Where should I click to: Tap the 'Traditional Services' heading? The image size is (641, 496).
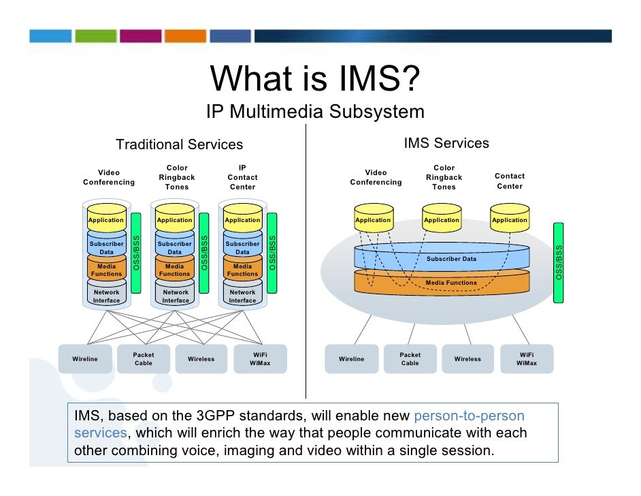tap(179, 144)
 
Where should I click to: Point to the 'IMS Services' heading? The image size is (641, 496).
tap(446, 143)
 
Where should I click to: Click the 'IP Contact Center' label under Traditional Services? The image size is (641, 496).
tap(242, 177)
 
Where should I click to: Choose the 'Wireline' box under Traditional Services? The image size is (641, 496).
tap(85, 359)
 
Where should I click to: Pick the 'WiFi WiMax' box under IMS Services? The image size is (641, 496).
tap(526, 359)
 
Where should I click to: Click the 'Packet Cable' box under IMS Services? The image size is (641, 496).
tap(410, 359)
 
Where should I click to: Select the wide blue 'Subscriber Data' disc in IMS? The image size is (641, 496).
tap(442, 258)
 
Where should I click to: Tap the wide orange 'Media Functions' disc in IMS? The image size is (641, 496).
tap(442, 282)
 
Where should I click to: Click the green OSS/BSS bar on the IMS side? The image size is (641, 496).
tap(559, 262)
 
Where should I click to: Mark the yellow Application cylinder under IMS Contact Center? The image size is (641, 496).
tap(510, 219)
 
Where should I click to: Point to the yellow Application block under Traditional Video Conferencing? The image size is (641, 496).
tap(106, 219)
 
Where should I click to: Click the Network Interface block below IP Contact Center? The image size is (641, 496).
tap(242, 296)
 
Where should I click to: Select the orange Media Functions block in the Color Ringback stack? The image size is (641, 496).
tap(175, 270)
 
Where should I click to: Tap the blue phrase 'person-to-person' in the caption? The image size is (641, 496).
tap(469, 416)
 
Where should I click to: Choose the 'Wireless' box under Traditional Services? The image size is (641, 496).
tap(201, 359)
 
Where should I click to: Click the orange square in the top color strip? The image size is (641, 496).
tap(184, 36)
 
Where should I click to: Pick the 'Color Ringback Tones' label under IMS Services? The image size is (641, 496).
tap(444, 177)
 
